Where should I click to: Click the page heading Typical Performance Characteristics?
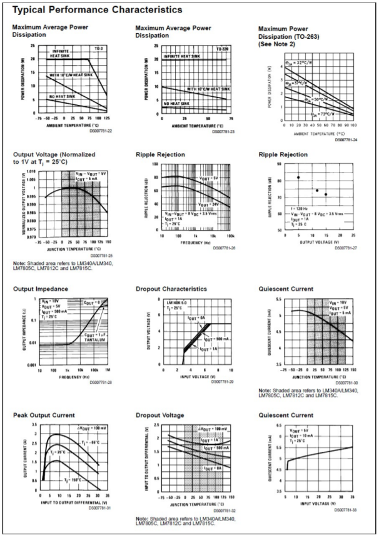click(98, 10)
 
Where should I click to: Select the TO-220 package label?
click(223, 48)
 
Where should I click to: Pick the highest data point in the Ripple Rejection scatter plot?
click(298, 177)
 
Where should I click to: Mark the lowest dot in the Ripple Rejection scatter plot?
click(326, 194)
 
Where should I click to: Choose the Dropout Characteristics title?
click(171, 289)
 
